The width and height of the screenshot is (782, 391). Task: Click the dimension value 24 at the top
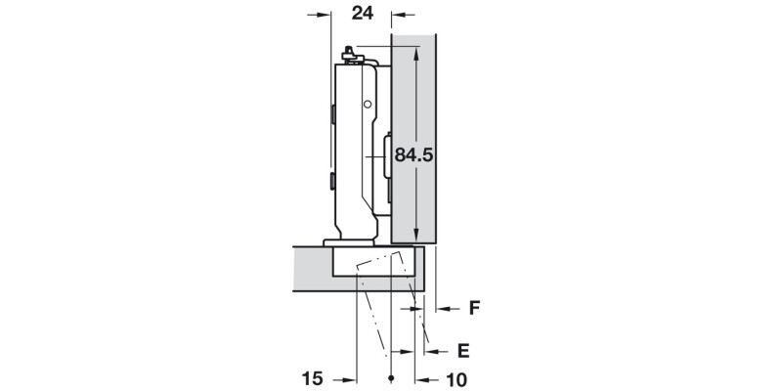(x=362, y=13)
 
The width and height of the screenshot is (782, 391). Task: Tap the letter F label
(x=473, y=308)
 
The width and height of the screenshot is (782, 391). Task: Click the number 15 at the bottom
(x=312, y=378)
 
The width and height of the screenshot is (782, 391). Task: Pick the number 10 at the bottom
(x=456, y=378)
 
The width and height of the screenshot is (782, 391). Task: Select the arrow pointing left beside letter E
(x=436, y=349)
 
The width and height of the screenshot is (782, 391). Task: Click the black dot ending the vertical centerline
(x=391, y=377)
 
